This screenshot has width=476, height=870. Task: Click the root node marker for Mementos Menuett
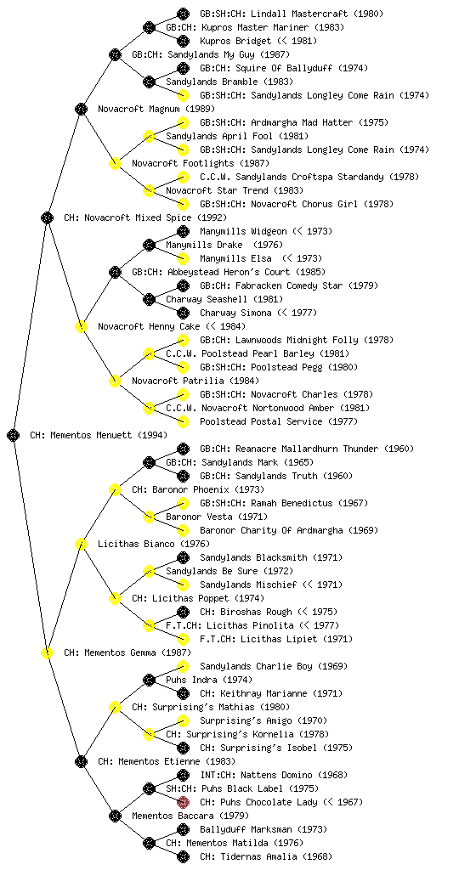coord(14,435)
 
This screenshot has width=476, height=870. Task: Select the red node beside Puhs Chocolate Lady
coord(183,802)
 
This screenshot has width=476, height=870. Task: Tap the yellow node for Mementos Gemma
coord(47,652)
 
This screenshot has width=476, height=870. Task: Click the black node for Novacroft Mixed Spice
coord(47,217)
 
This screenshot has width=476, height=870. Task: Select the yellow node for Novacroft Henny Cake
coord(81,326)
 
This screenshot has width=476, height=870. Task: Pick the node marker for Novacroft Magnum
coord(81,109)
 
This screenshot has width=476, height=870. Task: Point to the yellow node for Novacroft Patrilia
coord(115,381)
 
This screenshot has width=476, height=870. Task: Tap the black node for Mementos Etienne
coord(81,761)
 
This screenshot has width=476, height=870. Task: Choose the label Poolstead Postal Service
coord(261,421)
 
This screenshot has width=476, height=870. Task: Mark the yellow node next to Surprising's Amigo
coord(183,720)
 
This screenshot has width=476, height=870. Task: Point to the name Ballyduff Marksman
coord(246,829)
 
